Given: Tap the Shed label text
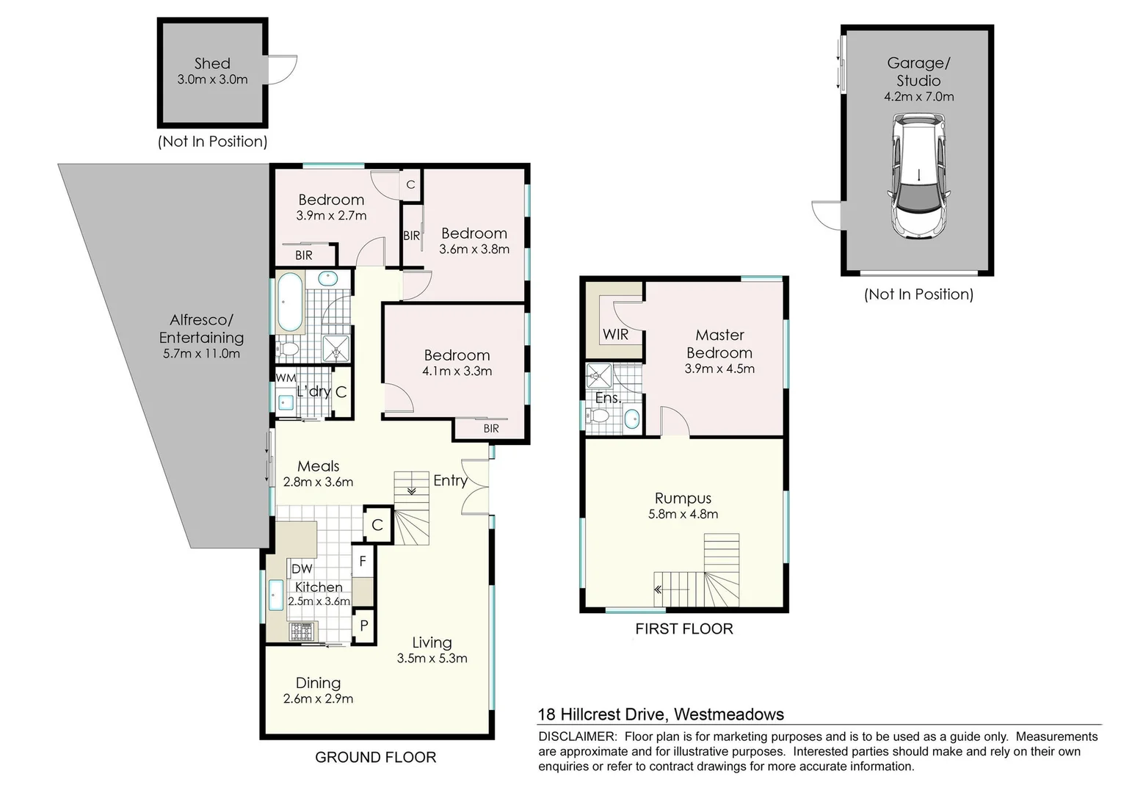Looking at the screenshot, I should (x=212, y=64).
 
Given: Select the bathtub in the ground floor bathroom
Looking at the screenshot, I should (x=289, y=302).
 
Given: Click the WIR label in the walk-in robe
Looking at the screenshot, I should (x=615, y=335).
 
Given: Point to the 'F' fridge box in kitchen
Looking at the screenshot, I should (x=363, y=562).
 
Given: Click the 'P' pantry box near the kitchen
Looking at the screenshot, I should (x=363, y=627).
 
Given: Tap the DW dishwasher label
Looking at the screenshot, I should (x=302, y=568).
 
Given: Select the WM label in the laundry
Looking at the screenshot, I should (x=286, y=377).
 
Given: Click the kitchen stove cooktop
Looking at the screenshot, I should (x=302, y=631).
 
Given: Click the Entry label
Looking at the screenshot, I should (x=450, y=480).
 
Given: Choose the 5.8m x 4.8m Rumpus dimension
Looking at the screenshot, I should (x=683, y=515).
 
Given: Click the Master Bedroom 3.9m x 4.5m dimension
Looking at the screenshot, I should (x=719, y=369).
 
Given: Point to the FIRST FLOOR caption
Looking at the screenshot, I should (x=683, y=629).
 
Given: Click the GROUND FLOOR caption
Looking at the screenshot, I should (x=375, y=757).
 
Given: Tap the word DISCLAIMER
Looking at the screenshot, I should (x=577, y=736).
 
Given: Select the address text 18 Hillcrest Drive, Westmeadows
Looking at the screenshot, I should (x=661, y=714).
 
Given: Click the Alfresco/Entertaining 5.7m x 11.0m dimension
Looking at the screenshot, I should (x=201, y=353).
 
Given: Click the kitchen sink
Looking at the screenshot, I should (x=276, y=595).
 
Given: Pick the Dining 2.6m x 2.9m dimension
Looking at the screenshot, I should (x=318, y=699).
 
